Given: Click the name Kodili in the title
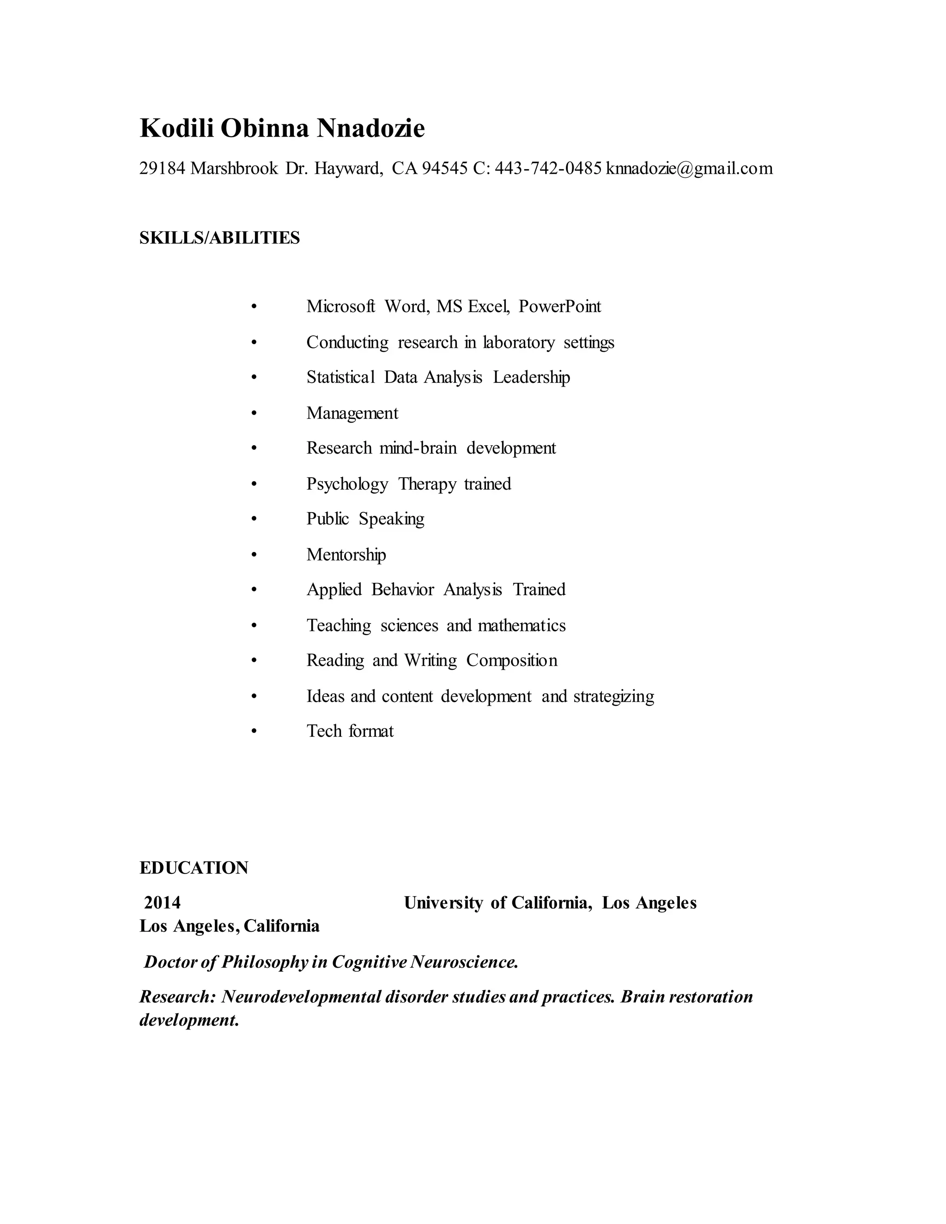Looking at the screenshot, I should tap(176, 128).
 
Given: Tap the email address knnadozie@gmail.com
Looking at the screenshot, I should tap(689, 168).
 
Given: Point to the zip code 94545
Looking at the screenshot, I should tap(444, 168).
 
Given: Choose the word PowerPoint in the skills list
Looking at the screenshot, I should tap(559, 307).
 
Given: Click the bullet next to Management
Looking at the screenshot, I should tap(254, 413).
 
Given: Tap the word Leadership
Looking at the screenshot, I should tap(531, 377).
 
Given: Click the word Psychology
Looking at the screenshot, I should tap(347, 484).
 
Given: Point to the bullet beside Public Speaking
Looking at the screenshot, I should tap(254, 520).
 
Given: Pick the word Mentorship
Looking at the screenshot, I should tap(346, 555).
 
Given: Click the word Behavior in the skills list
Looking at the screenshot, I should tap(402, 589).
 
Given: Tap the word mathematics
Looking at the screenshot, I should tap(522, 625).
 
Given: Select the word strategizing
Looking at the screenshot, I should tap(614, 697).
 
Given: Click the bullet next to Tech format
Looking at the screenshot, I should tap(254, 731).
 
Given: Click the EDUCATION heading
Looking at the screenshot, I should tap(194, 868).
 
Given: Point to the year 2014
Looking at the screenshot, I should tap(163, 903).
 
